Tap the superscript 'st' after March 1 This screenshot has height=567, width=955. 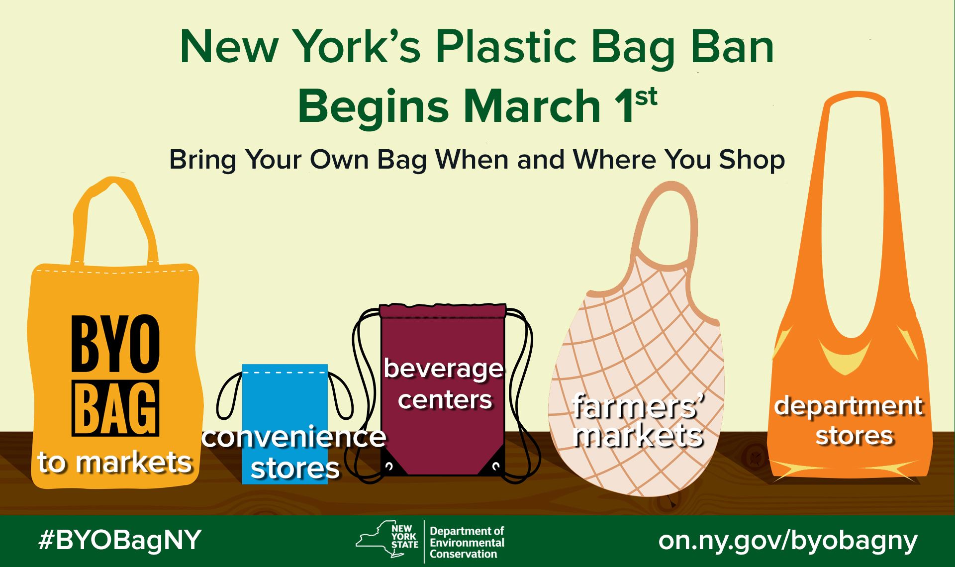[646, 97]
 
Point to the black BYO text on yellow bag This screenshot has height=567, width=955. [115, 343]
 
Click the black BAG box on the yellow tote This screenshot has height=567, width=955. [115, 408]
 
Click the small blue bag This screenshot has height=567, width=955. [285, 398]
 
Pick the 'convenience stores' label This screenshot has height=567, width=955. [294, 453]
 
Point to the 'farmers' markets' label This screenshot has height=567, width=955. [638, 421]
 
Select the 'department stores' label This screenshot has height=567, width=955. [849, 421]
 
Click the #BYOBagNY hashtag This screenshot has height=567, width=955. [120, 540]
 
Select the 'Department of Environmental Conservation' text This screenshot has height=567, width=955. [467, 543]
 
